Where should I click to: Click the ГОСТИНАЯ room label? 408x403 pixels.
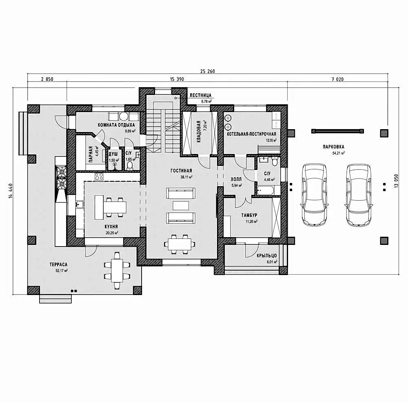pyautogui.click(x=181, y=171)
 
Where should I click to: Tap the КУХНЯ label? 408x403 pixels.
pyautogui.click(x=111, y=227)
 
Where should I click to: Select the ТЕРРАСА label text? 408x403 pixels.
pyautogui.click(x=58, y=264)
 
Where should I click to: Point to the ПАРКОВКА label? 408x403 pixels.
pyautogui.click(x=333, y=147)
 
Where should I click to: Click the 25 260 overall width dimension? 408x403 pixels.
pyautogui.click(x=207, y=71)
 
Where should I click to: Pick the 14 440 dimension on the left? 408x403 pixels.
pyautogui.click(x=11, y=191)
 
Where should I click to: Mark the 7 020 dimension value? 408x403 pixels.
pyautogui.click(x=337, y=79)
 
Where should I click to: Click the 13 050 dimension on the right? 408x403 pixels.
pyautogui.click(x=396, y=181)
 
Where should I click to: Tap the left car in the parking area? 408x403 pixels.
pyautogui.click(x=314, y=194)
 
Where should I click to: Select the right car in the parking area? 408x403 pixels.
pyautogui.click(x=359, y=195)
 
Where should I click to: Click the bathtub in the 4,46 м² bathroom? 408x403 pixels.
pyautogui.click(x=265, y=190)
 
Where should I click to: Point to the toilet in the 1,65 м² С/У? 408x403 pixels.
pyautogui.click(x=130, y=166)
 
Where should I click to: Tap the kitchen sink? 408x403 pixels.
pyautogui.click(x=80, y=205)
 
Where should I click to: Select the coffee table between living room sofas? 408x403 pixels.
pyautogui.click(x=181, y=205)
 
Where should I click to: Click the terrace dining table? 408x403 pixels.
pyautogui.click(x=117, y=271)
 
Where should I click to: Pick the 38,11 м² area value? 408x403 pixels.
pyautogui.click(x=186, y=177)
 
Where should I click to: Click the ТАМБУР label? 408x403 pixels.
pyautogui.click(x=249, y=215)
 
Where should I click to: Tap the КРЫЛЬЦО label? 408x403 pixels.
pyautogui.click(x=266, y=255)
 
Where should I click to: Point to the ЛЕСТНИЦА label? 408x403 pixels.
pyautogui.click(x=200, y=95)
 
